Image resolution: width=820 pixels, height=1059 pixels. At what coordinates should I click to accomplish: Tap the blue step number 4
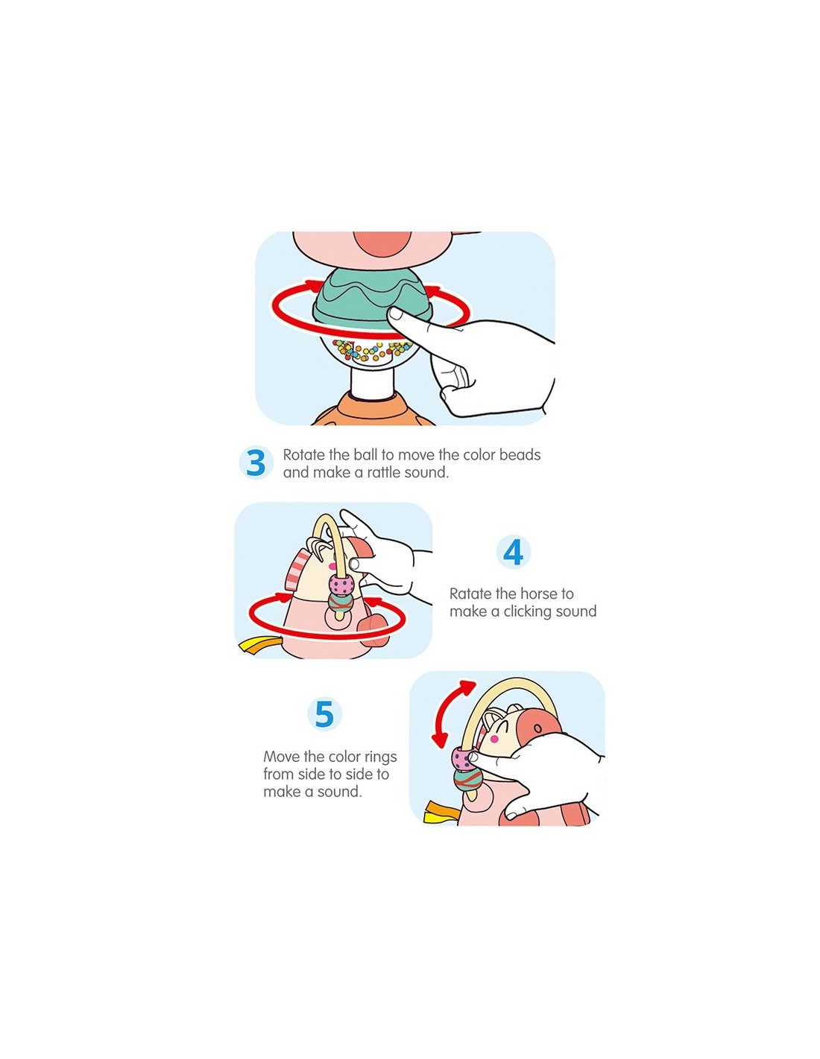click(513, 553)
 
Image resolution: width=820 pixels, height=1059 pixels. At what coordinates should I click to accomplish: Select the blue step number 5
click(324, 714)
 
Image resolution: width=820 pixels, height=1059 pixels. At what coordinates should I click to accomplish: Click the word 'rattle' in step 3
click(383, 472)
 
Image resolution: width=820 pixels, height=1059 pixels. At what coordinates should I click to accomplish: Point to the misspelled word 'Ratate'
click(470, 594)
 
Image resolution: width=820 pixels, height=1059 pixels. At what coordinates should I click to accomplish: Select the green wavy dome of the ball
click(370, 297)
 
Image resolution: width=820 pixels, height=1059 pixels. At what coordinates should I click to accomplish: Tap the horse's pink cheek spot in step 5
click(495, 740)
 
